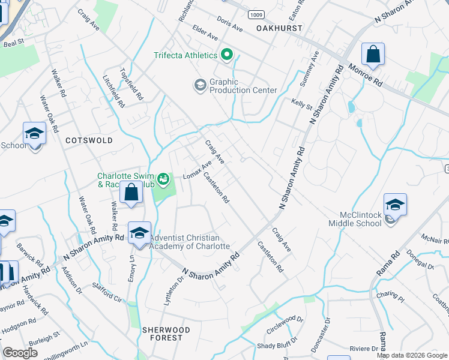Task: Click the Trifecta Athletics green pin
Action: click(x=227, y=56)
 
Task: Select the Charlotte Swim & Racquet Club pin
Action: click(x=163, y=179)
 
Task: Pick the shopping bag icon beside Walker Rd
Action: click(x=131, y=194)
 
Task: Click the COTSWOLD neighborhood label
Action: click(x=89, y=140)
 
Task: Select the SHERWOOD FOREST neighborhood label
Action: click(x=166, y=334)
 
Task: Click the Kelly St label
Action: click(x=302, y=106)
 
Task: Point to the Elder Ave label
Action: click(x=205, y=32)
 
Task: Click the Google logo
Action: click(x=21, y=353)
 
